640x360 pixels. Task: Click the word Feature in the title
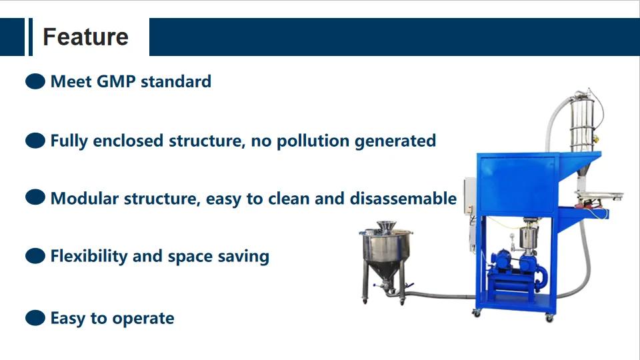click(x=85, y=37)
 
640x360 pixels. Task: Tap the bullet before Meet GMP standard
click(x=35, y=82)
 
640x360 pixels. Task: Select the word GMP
click(x=116, y=82)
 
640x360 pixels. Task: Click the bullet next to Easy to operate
click(x=35, y=319)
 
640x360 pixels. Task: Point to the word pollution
click(x=313, y=141)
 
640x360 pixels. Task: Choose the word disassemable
click(x=403, y=199)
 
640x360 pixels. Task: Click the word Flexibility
click(x=89, y=256)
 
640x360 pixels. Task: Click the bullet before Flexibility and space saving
click(x=35, y=256)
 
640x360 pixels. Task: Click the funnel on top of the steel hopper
click(x=385, y=227)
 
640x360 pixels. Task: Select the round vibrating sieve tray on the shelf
click(x=598, y=196)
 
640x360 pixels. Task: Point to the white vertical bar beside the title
click(x=30, y=37)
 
